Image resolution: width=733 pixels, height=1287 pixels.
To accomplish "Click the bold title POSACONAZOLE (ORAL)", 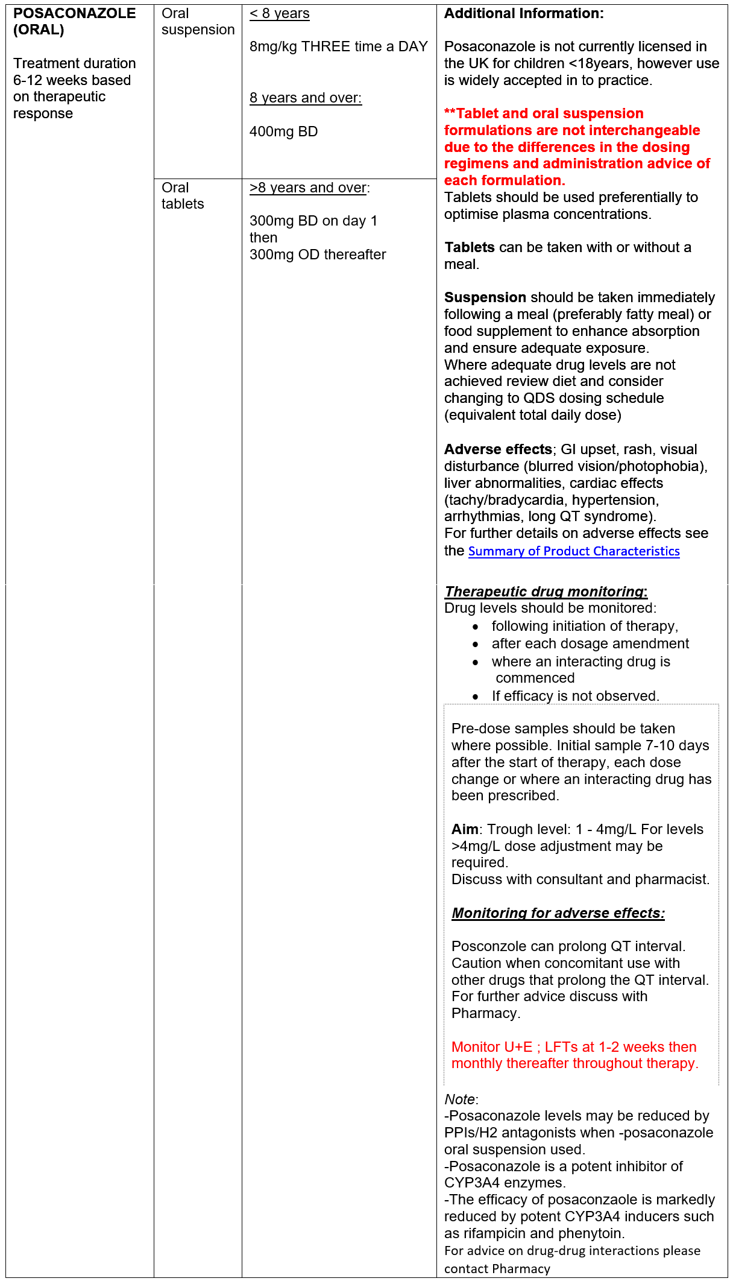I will [74, 21].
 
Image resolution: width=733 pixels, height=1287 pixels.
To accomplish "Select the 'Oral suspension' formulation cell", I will [197, 21].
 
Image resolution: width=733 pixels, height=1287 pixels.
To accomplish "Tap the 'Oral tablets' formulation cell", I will [183, 196].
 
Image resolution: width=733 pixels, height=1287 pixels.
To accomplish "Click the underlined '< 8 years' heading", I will [280, 13].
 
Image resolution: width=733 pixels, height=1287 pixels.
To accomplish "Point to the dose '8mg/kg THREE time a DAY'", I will [338, 46].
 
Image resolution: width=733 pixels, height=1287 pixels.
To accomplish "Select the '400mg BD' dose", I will [283, 131].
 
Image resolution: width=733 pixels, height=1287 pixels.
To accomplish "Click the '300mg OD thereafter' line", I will [318, 255].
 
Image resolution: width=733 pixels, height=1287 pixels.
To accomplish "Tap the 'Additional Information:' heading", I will [524, 13].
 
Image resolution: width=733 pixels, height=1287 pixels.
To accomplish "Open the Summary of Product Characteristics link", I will [574, 551].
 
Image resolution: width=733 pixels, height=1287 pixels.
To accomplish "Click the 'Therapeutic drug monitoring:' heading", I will [546, 592].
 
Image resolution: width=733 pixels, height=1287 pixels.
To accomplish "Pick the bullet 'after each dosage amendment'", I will [590, 643].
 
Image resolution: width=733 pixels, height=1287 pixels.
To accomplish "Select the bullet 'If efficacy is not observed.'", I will [575, 696].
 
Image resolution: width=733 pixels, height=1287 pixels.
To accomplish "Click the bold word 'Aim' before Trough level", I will [465, 829].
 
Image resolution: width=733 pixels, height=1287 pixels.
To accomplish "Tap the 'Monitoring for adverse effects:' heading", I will [558, 913].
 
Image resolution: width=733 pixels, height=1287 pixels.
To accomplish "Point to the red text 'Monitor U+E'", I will [492, 1047].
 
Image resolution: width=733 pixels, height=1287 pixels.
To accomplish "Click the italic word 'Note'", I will [460, 1099].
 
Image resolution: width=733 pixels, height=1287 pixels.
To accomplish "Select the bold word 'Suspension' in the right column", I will [485, 297].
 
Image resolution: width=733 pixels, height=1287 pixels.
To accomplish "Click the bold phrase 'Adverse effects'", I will [498, 449].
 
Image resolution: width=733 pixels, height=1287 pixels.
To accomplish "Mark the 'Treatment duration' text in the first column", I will [74, 63].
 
